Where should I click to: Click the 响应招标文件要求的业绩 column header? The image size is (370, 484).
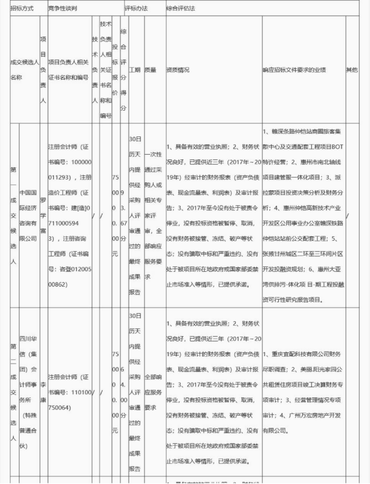[x=294, y=70]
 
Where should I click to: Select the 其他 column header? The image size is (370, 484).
[x=352, y=70]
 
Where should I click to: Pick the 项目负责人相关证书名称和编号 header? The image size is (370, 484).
[x=68, y=70]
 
